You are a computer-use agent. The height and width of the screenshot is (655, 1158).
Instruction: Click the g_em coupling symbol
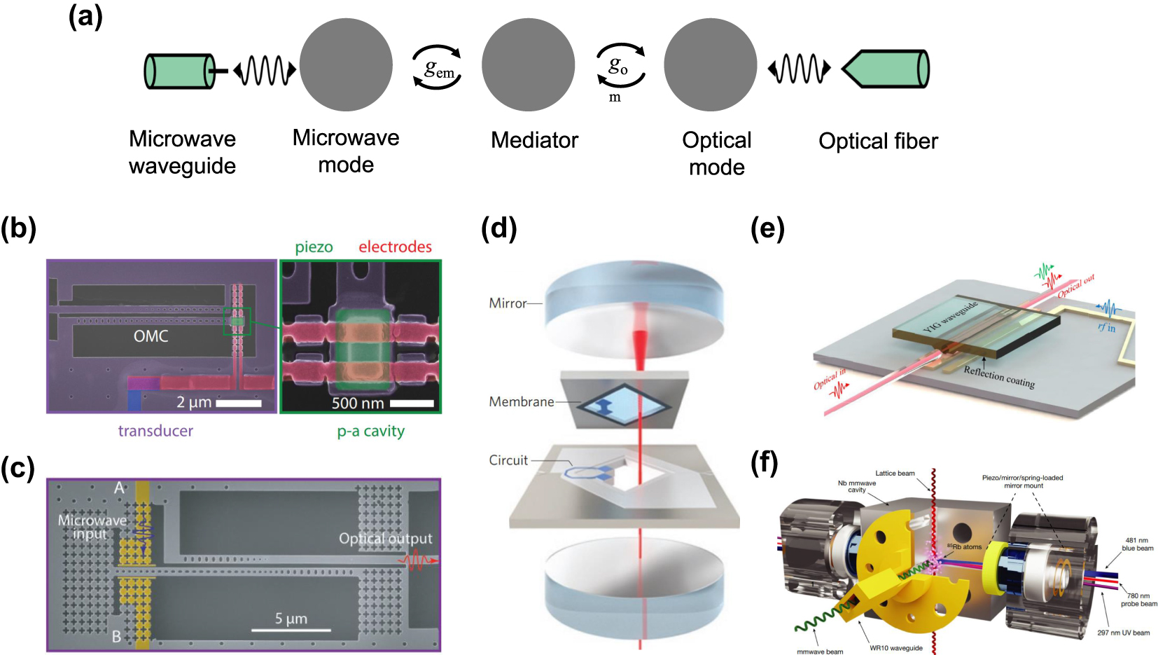(x=439, y=69)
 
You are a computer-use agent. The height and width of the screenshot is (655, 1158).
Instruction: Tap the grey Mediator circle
(x=528, y=65)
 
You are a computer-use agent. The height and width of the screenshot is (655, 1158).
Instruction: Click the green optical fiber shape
(x=888, y=69)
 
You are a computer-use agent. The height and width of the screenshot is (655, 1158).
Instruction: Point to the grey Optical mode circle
(x=710, y=65)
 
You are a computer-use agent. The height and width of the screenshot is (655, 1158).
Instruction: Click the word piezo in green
(x=314, y=247)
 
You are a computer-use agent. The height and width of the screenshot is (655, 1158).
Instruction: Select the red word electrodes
(x=395, y=247)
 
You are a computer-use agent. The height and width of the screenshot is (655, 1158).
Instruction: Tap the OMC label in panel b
(x=151, y=336)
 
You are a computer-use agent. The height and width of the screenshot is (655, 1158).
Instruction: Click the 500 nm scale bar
(x=412, y=404)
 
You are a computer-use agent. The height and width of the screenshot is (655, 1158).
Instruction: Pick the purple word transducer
(x=155, y=431)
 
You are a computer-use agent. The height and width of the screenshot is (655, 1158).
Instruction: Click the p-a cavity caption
(x=370, y=431)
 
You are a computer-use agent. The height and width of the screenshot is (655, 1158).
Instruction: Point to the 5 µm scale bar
(x=291, y=629)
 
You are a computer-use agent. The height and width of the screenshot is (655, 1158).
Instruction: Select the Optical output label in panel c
(x=385, y=538)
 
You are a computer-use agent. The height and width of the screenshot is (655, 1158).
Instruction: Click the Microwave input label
(x=92, y=527)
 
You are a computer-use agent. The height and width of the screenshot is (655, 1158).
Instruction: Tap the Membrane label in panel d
(x=521, y=401)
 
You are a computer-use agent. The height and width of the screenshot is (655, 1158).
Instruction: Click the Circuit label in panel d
(x=508, y=460)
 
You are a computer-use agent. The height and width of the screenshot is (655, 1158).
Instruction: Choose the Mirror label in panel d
(x=508, y=303)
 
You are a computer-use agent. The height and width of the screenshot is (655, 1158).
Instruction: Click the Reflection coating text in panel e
(x=998, y=377)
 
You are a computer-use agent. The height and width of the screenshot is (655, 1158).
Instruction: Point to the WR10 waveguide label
(x=895, y=648)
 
